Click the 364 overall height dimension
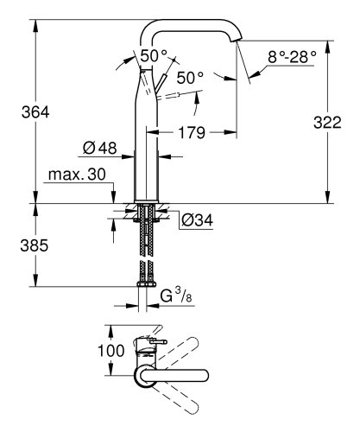coord(18,113)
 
